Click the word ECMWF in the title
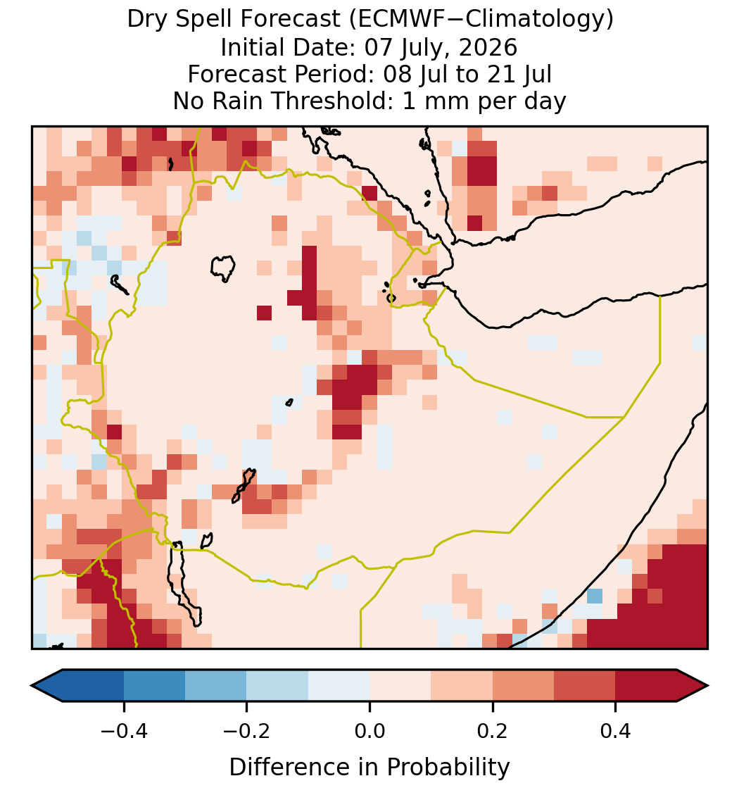[393, 20]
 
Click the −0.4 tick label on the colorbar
[123, 731]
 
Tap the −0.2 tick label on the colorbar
[246, 731]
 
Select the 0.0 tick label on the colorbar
[369, 731]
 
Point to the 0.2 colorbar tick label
[493, 731]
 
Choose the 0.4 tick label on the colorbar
[616, 731]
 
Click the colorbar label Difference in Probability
[369, 768]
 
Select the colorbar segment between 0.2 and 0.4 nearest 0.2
[524, 686]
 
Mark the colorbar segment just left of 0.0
[339, 686]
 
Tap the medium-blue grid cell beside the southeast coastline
[595, 596]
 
